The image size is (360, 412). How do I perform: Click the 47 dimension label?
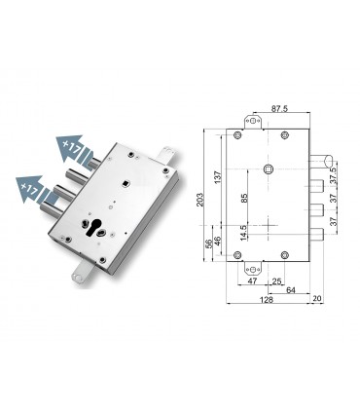253,281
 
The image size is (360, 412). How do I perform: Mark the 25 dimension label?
277,281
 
